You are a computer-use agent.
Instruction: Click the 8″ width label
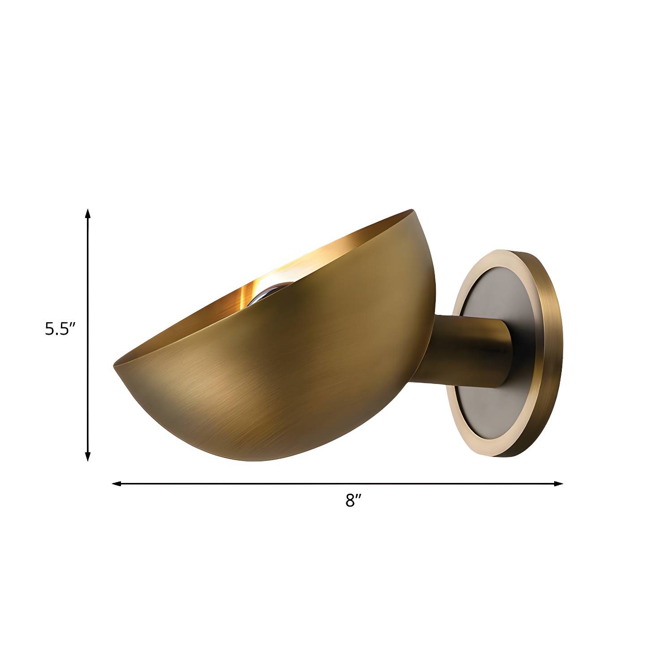(353, 500)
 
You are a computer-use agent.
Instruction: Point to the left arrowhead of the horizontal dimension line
(116, 483)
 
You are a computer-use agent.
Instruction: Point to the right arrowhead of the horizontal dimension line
(558, 483)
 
